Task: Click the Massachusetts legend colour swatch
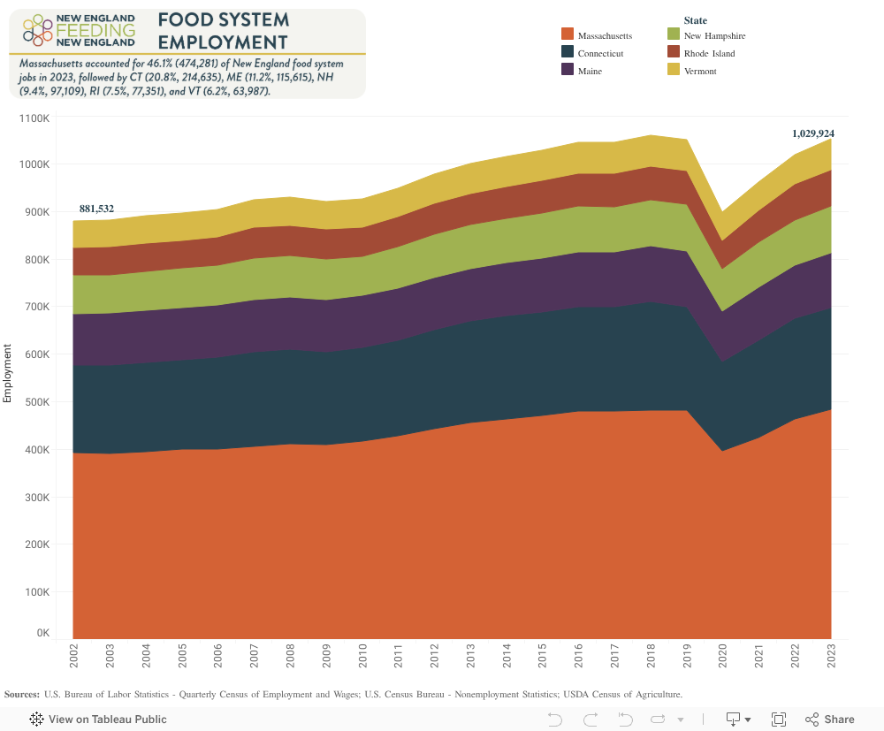pos(568,35)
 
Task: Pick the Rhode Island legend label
pos(708,53)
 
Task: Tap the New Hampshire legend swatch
pos(674,35)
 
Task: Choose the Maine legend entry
pos(590,71)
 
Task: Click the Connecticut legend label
pos(600,53)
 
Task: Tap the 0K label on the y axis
pos(42,633)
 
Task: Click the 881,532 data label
pos(96,209)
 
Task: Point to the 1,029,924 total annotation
pos(812,133)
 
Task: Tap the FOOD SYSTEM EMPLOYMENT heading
pos(223,31)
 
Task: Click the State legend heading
pos(695,20)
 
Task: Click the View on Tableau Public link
pos(107,720)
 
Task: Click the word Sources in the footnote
pos(21,694)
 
